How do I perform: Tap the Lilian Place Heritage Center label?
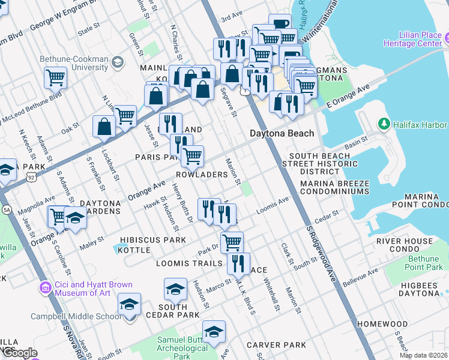(x=416, y=40)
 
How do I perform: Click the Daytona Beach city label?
(x=282, y=133)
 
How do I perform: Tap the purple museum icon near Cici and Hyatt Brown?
(x=46, y=289)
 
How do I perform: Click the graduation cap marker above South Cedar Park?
(x=175, y=289)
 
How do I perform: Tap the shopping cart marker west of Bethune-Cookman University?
(x=55, y=77)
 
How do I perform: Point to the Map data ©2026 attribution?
(x=423, y=355)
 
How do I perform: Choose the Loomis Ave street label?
(x=273, y=205)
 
